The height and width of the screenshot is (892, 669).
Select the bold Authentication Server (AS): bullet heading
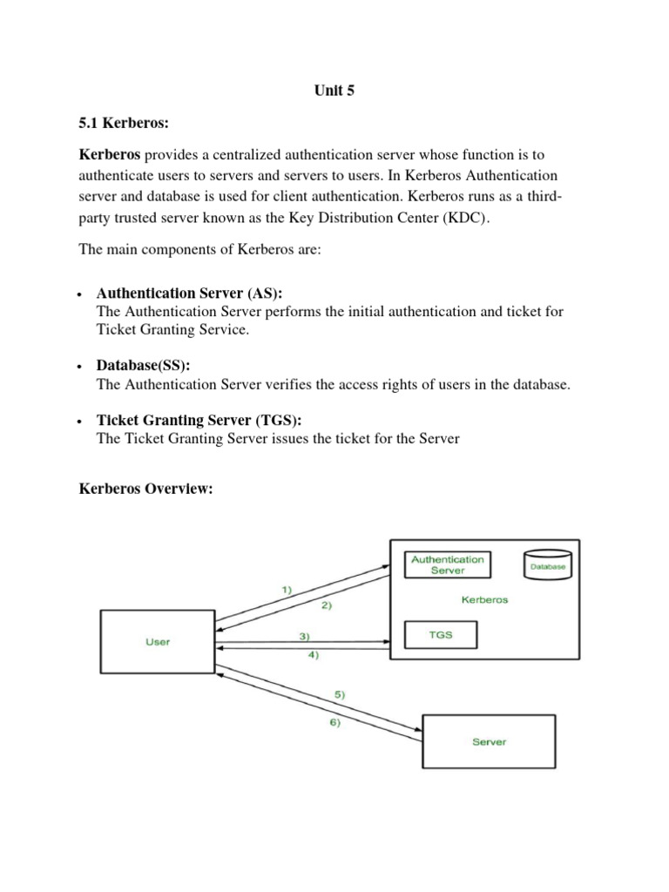[189, 294]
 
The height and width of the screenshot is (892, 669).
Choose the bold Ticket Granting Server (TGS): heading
[199, 420]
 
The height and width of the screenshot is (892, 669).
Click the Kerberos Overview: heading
[145, 490]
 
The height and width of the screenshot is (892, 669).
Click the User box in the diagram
[158, 642]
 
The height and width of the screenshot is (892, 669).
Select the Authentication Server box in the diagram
[447, 564]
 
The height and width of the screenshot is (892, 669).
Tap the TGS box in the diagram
[441, 636]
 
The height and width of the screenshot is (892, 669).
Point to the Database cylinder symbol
[547, 565]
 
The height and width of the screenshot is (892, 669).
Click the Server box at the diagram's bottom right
[489, 741]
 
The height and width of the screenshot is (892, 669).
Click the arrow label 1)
[287, 590]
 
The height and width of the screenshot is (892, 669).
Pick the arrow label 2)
[327, 605]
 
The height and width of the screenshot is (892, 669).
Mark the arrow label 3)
[304, 637]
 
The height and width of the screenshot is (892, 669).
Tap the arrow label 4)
[312, 655]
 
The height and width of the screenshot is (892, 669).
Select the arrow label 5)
[340, 694]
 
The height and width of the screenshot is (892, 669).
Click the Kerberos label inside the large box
[483, 600]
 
